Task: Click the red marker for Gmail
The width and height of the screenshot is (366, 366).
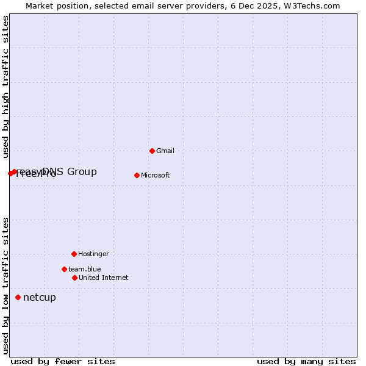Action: [152, 151]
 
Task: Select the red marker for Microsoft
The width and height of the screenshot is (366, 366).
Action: [137, 175]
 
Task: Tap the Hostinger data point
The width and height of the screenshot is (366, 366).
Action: [74, 254]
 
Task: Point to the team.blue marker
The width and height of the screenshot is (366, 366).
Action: [64, 269]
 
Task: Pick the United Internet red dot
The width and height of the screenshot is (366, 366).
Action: [74, 278]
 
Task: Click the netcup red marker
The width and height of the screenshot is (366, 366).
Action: [18, 298]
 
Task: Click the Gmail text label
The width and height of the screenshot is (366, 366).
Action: [165, 151]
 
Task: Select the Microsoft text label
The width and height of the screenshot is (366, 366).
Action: [155, 175]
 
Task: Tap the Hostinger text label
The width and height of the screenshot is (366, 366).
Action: [93, 254]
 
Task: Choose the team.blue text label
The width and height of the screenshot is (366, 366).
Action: [84, 269]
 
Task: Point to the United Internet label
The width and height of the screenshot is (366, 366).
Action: [103, 278]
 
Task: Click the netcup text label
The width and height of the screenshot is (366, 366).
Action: [39, 298]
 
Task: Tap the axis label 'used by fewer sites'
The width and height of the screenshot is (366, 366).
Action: [62, 361]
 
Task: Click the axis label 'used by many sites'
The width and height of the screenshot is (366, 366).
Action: [306, 361]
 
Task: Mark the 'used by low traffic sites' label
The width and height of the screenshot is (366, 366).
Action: [5, 285]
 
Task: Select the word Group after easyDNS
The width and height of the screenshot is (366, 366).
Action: [82, 172]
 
